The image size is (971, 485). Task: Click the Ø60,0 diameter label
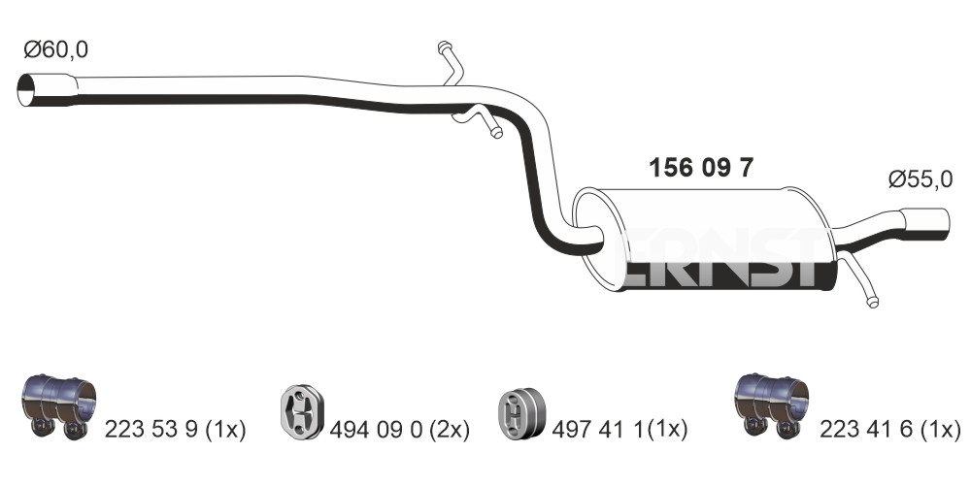(55, 49)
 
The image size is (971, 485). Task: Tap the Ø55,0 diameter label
(920, 179)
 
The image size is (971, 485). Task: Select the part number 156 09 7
(701, 167)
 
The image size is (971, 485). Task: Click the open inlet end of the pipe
(26, 90)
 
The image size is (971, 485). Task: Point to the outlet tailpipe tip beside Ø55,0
(924, 223)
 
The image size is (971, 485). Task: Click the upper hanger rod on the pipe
(451, 63)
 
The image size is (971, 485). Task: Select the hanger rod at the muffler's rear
(857, 279)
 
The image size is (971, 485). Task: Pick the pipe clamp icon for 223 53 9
(59, 405)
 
